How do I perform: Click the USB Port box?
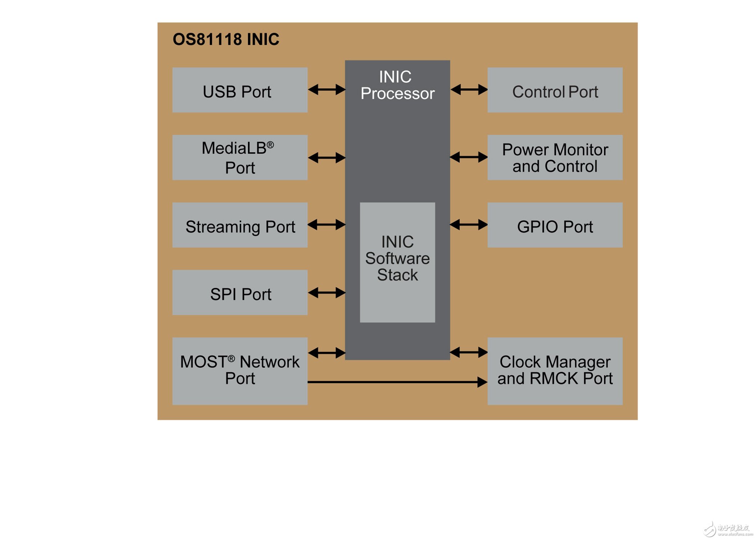[240, 90]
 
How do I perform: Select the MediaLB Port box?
[240, 158]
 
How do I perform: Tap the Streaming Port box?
[240, 225]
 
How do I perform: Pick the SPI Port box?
[240, 293]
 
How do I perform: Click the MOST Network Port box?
[240, 371]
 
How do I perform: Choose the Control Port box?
[555, 90]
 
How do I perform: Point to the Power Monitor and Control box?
[555, 158]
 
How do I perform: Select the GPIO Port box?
[555, 225]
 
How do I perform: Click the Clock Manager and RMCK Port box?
[555, 371]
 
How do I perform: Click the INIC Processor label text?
[397, 85]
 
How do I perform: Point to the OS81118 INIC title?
[226, 40]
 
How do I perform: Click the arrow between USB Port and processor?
[327, 90]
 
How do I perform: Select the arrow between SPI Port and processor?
[327, 293]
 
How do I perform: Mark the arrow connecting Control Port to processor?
[469, 90]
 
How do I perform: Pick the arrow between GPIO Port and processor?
[469, 225]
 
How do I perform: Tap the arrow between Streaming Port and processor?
[327, 225]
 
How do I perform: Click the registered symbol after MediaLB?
[270, 145]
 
